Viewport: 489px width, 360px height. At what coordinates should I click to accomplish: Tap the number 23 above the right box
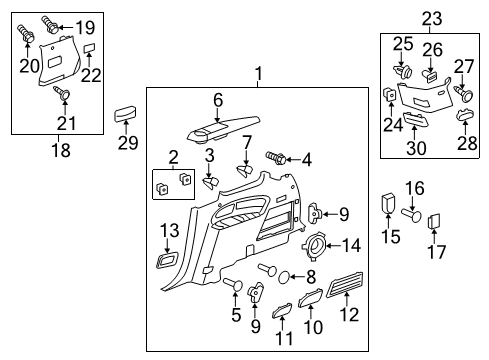pos(431,17)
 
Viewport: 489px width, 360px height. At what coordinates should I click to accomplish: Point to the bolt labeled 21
pos(62,93)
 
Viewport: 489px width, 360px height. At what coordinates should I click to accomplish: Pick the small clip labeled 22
pos(88,47)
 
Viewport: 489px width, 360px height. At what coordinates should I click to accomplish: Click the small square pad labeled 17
pos(435,222)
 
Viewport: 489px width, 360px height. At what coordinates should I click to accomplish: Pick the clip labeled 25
pos(405,71)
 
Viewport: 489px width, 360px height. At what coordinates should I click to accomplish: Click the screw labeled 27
pos(464,93)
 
